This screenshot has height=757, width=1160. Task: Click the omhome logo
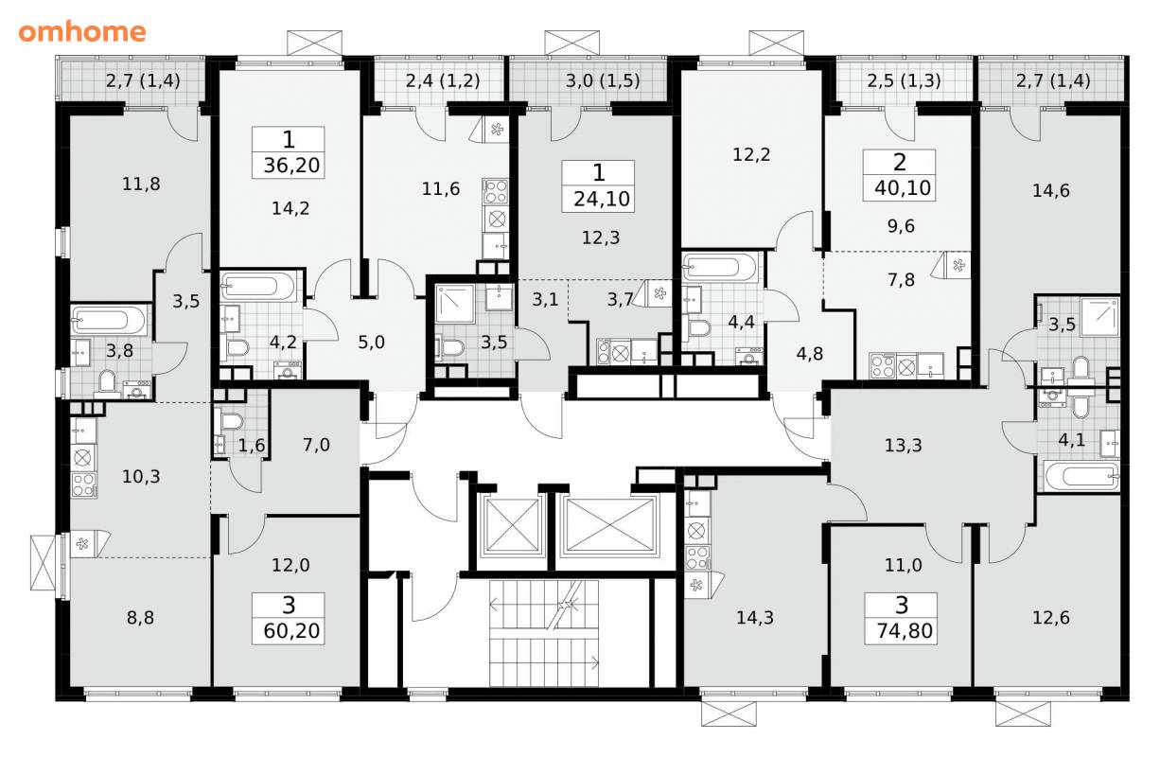click(82, 32)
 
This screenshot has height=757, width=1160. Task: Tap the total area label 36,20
click(291, 166)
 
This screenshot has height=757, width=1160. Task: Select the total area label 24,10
click(601, 199)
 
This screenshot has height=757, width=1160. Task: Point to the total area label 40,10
click(903, 188)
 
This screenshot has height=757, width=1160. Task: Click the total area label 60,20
click(291, 630)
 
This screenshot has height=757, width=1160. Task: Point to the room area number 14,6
click(1051, 191)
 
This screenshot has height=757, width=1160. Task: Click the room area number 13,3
click(904, 446)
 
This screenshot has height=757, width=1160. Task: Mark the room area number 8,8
click(140, 618)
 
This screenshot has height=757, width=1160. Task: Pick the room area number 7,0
click(316, 445)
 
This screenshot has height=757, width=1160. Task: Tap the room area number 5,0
click(371, 343)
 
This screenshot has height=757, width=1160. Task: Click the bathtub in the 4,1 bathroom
click(1081, 476)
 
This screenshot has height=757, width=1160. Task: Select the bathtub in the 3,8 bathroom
click(109, 320)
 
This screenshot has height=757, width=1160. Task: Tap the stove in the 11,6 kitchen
click(495, 191)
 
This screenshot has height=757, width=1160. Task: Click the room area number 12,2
click(751, 155)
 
